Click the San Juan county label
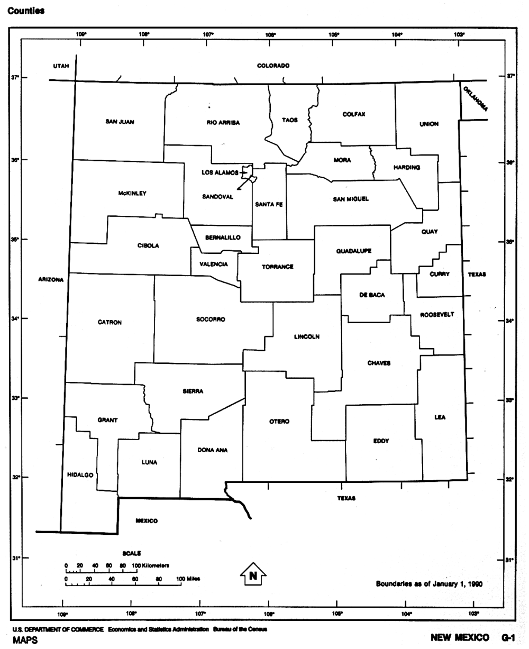point(120,122)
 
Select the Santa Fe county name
point(269,204)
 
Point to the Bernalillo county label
point(223,237)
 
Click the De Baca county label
point(372,295)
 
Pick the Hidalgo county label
point(80,475)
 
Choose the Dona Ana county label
point(213,450)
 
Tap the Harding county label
point(407,168)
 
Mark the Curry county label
point(440,274)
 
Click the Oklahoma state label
point(475,98)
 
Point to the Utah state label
point(61,66)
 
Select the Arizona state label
point(51,279)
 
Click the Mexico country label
point(147,521)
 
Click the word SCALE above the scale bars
point(132,553)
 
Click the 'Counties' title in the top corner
point(26,11)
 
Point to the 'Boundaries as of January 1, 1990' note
point(429,584)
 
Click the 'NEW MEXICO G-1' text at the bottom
point(472,638)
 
